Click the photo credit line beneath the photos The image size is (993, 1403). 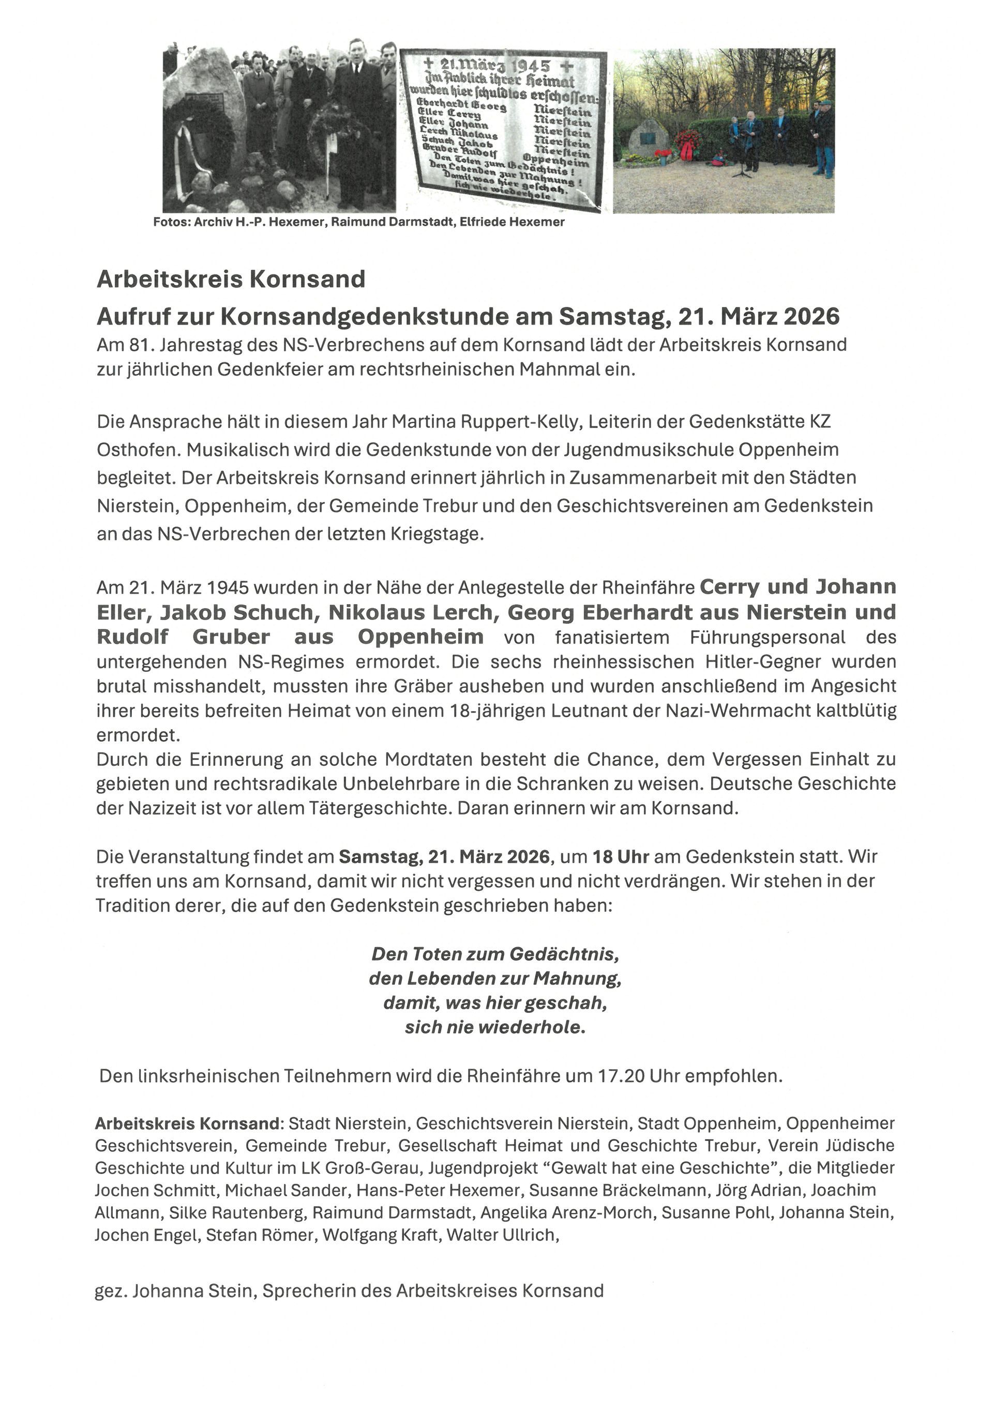pyautogui.click(x=358, y=222)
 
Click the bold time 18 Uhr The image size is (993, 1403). pyautogui.click(x=620, y=857)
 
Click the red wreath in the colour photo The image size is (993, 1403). pyautogui.click(x=687, y=144)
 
